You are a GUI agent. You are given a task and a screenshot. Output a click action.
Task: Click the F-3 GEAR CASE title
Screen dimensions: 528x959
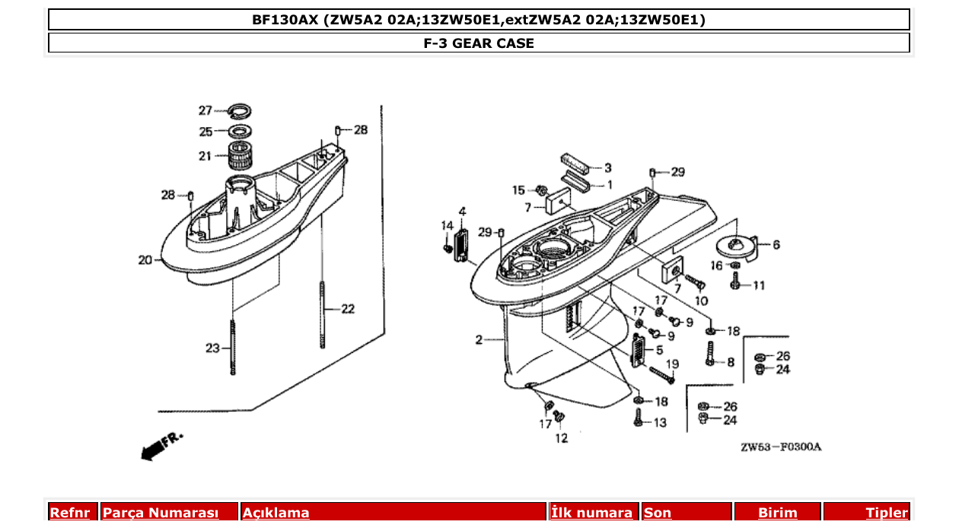[479, 43]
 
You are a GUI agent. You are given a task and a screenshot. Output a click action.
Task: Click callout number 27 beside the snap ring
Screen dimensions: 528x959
[205, 110]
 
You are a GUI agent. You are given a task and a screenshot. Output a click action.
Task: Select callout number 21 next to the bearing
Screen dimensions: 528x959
[205, 157]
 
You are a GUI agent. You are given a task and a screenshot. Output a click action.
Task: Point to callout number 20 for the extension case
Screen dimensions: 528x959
[145, 260]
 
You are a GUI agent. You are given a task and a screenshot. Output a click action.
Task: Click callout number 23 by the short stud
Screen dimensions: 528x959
[212, 348]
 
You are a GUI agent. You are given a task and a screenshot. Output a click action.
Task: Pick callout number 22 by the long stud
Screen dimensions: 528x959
[347, 309]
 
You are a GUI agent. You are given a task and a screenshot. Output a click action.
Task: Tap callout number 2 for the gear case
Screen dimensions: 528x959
[479, 340]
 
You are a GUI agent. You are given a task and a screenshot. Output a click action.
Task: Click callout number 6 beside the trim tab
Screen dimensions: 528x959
[776, 245]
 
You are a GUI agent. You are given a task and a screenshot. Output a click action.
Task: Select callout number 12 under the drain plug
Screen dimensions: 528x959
[561, 438]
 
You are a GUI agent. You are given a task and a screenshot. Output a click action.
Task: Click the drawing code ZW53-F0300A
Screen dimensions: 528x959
[781, 447]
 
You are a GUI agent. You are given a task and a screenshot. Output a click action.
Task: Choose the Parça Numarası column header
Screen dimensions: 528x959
[161, 513]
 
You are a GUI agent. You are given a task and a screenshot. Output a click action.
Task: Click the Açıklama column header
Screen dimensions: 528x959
[276, 513]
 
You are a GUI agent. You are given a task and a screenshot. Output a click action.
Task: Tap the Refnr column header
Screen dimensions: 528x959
[70, 513]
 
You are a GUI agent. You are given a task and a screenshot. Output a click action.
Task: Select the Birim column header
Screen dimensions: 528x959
[777, 513]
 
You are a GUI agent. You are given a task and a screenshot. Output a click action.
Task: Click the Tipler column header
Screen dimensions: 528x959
[886, 513]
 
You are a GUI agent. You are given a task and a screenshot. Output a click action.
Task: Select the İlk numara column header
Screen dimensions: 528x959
[591, 513]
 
